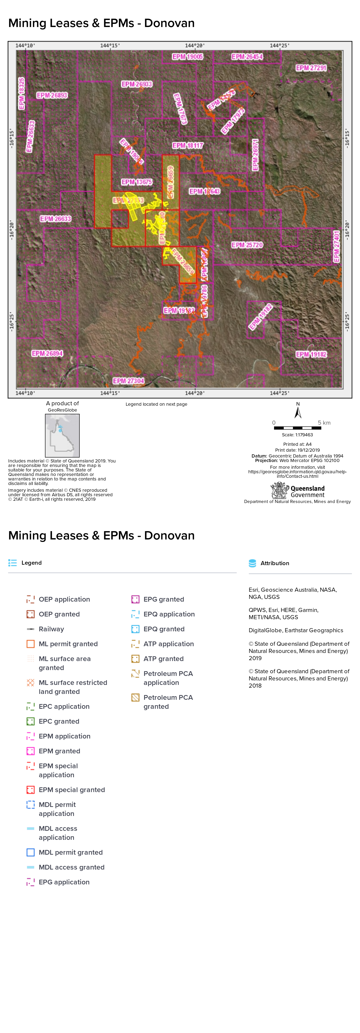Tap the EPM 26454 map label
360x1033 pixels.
[247, 57]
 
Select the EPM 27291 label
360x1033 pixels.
[311, 68]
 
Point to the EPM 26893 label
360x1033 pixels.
[52, 95]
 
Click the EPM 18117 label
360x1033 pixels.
[188, 145]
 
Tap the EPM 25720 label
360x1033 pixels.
[247, 245]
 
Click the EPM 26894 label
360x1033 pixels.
[47, 353]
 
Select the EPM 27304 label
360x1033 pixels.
[128, 381]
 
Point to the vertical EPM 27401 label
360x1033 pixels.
[337, 247]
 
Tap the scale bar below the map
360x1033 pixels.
[297, 428]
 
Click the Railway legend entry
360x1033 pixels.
[51, 629]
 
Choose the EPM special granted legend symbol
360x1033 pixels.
[30, 790]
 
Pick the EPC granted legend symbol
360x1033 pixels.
[30, 721]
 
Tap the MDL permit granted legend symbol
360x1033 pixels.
[30, 852]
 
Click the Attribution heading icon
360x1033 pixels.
[252, 563]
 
